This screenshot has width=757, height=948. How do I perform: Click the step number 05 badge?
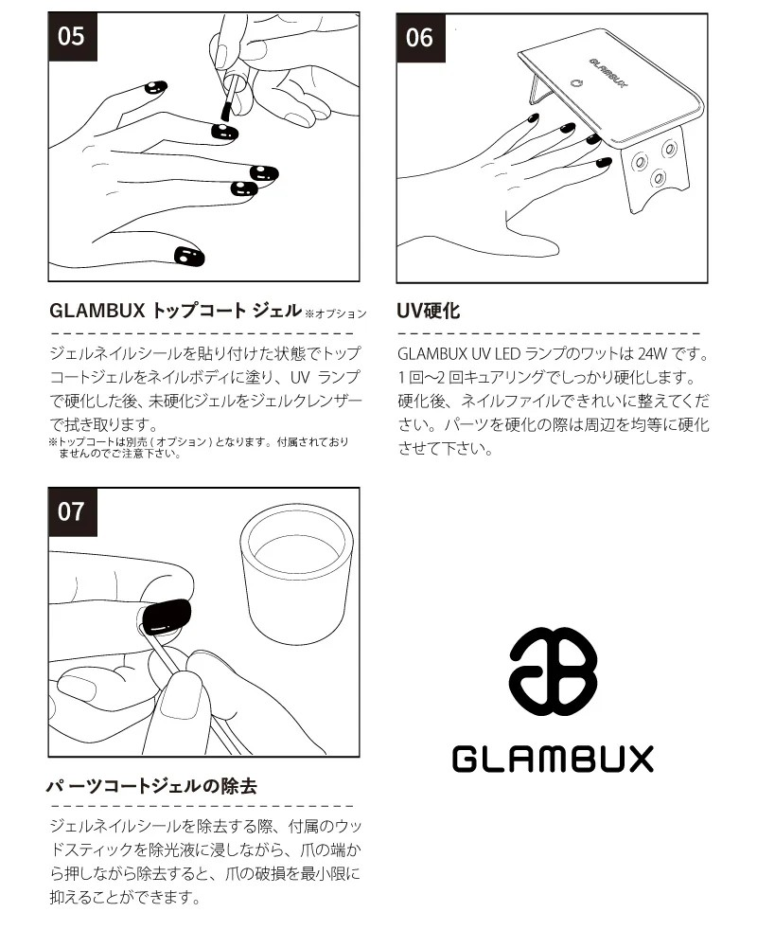[x=72, y=36]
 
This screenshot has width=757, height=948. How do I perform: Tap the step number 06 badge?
[x=420, y=38]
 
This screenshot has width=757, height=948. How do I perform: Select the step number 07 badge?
[x=72, y=511]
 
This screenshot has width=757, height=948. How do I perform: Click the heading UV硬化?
[x=429, y=311]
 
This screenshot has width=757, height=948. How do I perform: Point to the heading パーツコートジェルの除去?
[x=152, y=786]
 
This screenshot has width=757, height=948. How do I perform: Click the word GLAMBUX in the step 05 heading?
[x=97, y=311]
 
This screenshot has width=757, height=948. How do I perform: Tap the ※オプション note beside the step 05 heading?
[x=335, y=313]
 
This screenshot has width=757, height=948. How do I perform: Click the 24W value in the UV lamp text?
[x=652, y=353]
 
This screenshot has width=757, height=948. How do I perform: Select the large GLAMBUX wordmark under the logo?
[x=553, y=759]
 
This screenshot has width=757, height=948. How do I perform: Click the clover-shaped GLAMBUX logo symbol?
[x=553, y=671]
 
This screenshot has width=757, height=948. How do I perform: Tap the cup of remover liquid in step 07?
[x=296, y=573]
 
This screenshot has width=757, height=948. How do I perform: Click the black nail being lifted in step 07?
[x=166, y=616]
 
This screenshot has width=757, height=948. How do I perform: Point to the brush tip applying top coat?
[x=225, y=111]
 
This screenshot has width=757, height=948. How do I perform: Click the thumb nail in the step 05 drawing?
[x=189, y=257]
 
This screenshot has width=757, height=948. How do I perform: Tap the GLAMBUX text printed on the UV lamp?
[x=607, y=73]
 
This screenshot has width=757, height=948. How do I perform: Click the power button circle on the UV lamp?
[x=575, y=83]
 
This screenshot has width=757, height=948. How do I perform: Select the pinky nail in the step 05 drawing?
[x=156, y=87]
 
